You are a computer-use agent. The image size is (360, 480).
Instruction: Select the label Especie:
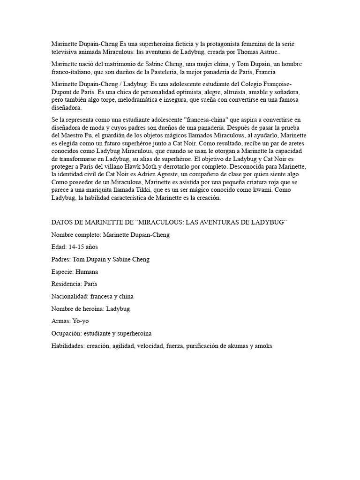point(62,271)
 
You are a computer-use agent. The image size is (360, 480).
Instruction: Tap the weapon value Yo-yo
point(80,321)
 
